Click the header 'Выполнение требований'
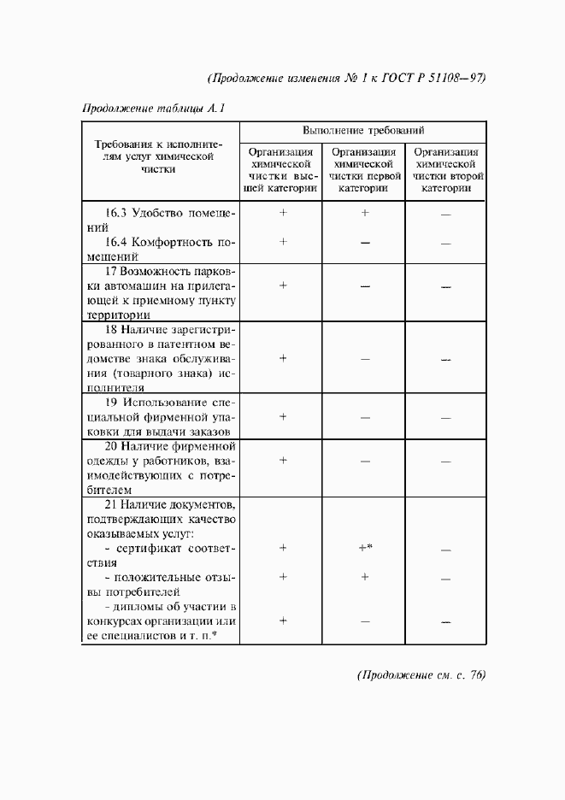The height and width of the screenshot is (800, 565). pyautogui.click(x=363, y=131)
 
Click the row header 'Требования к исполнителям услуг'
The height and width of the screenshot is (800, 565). pyautogui.click(x=159, y=157)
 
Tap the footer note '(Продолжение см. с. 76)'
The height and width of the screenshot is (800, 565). pyautogui.click(x=421, y=675)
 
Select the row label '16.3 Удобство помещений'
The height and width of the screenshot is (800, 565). pyautogui.click(x=159, y=220)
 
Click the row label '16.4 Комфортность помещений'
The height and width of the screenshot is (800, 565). pyautogui.click(x=159, y=248)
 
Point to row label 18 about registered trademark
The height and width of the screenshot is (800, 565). pyautogui.click(x=159, y=357)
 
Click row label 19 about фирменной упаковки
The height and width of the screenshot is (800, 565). pyautogui.click(x=159, y=416)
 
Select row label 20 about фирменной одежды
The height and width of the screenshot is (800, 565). pyautogui.click(x=159, y=468)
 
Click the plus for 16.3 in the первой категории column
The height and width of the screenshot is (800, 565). pyautogui.click(x=364, y=213)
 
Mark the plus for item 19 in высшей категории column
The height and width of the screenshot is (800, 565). pyautogui.click(x=282, y=417)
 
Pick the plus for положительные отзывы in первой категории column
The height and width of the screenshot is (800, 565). pyautogui.click(x=364, y=577)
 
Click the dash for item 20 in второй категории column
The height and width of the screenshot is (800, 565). pyautogui.click(x=445, y=462)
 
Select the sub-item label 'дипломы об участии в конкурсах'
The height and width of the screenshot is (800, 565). pyautogui.click(x=159, y=621)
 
